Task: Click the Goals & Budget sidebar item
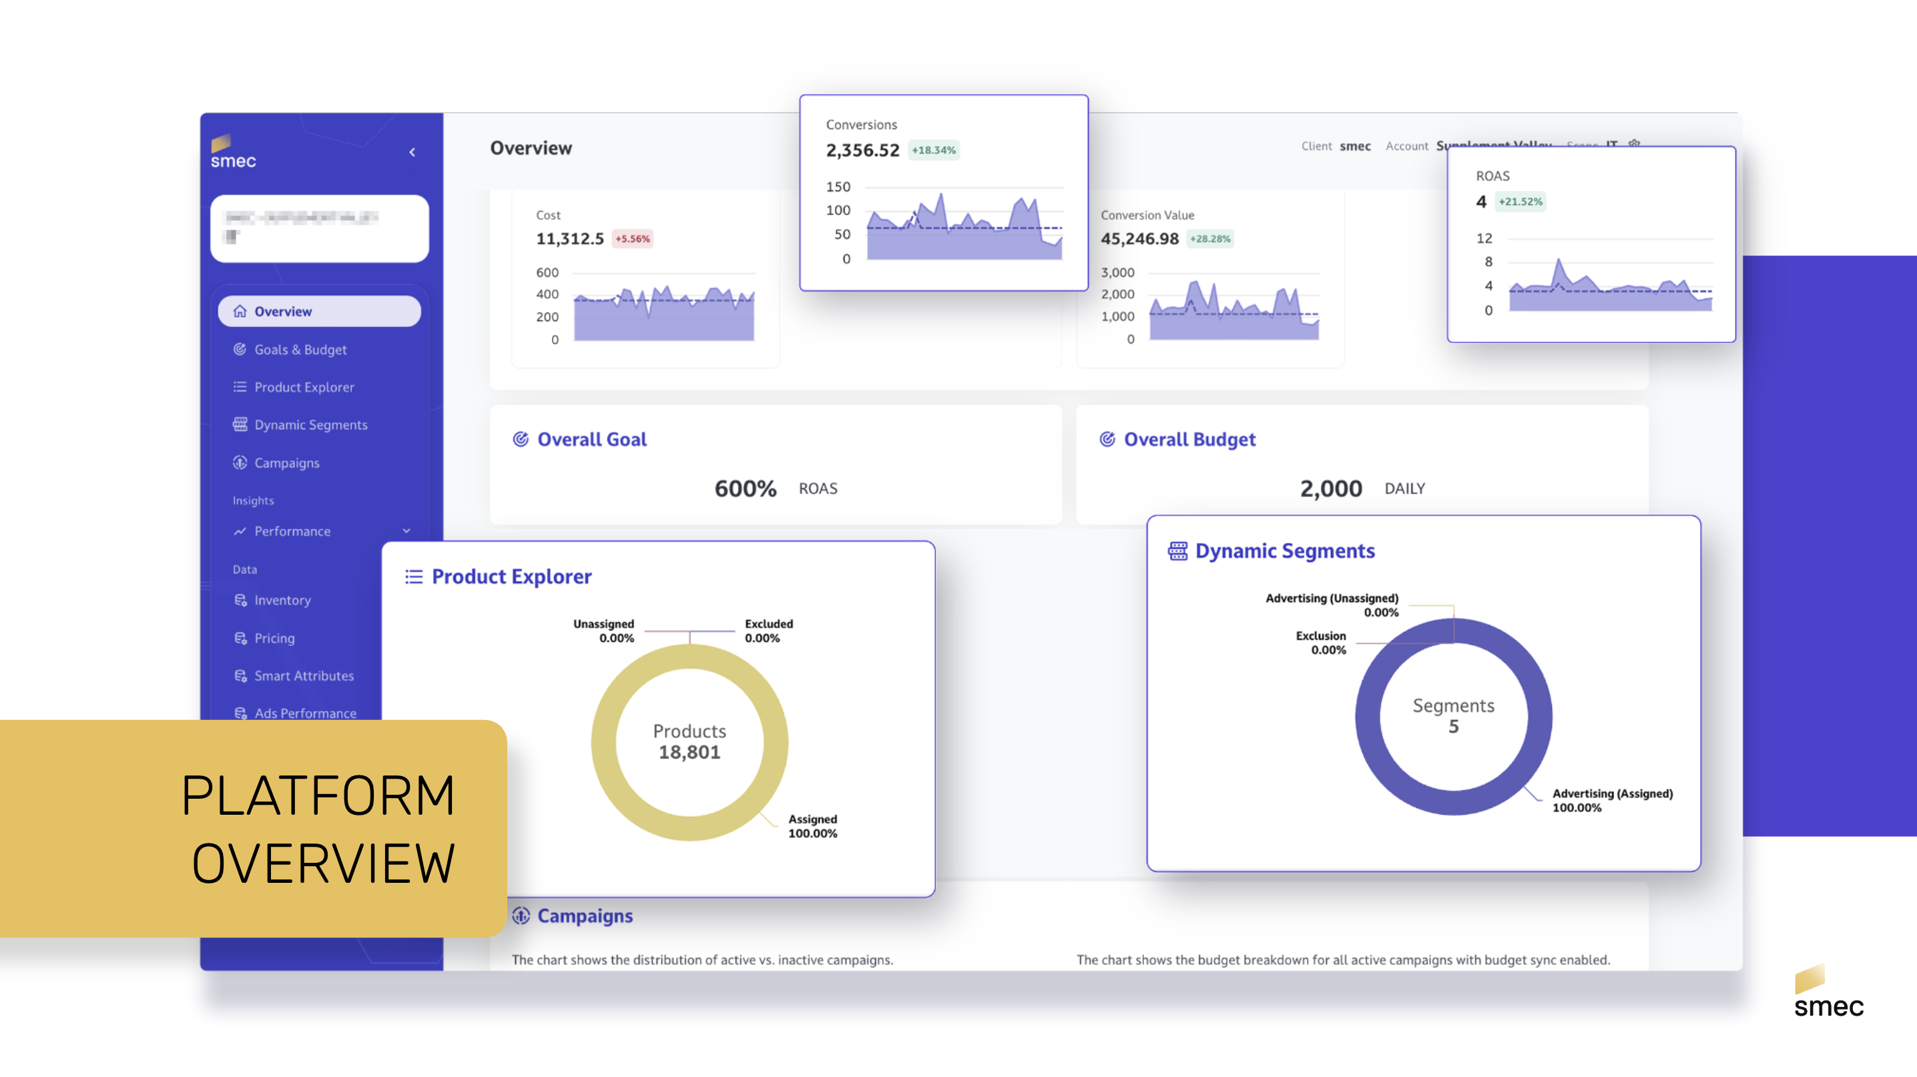point(300,350)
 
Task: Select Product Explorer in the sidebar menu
point(304,388)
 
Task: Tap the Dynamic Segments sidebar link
point(310,424)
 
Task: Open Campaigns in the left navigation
point(286,462)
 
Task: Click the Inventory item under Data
point(282,601)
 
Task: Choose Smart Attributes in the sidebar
point(304,675)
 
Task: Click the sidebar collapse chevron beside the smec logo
point(413,153)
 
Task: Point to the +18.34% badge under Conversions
point(933,150)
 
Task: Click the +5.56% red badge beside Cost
point(632,239)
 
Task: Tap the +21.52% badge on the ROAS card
point(1520,202)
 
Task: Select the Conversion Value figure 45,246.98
point(1139,239)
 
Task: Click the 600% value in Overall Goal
point(745,488)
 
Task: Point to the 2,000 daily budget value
point(1330,488)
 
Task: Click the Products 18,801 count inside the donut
point(689,742)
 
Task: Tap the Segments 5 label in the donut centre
point(1452,715)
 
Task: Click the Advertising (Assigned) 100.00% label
point(1612,800)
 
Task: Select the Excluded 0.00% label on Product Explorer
point(768,631)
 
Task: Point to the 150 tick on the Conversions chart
point(838,187)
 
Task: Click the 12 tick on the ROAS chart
point(1484,238)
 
